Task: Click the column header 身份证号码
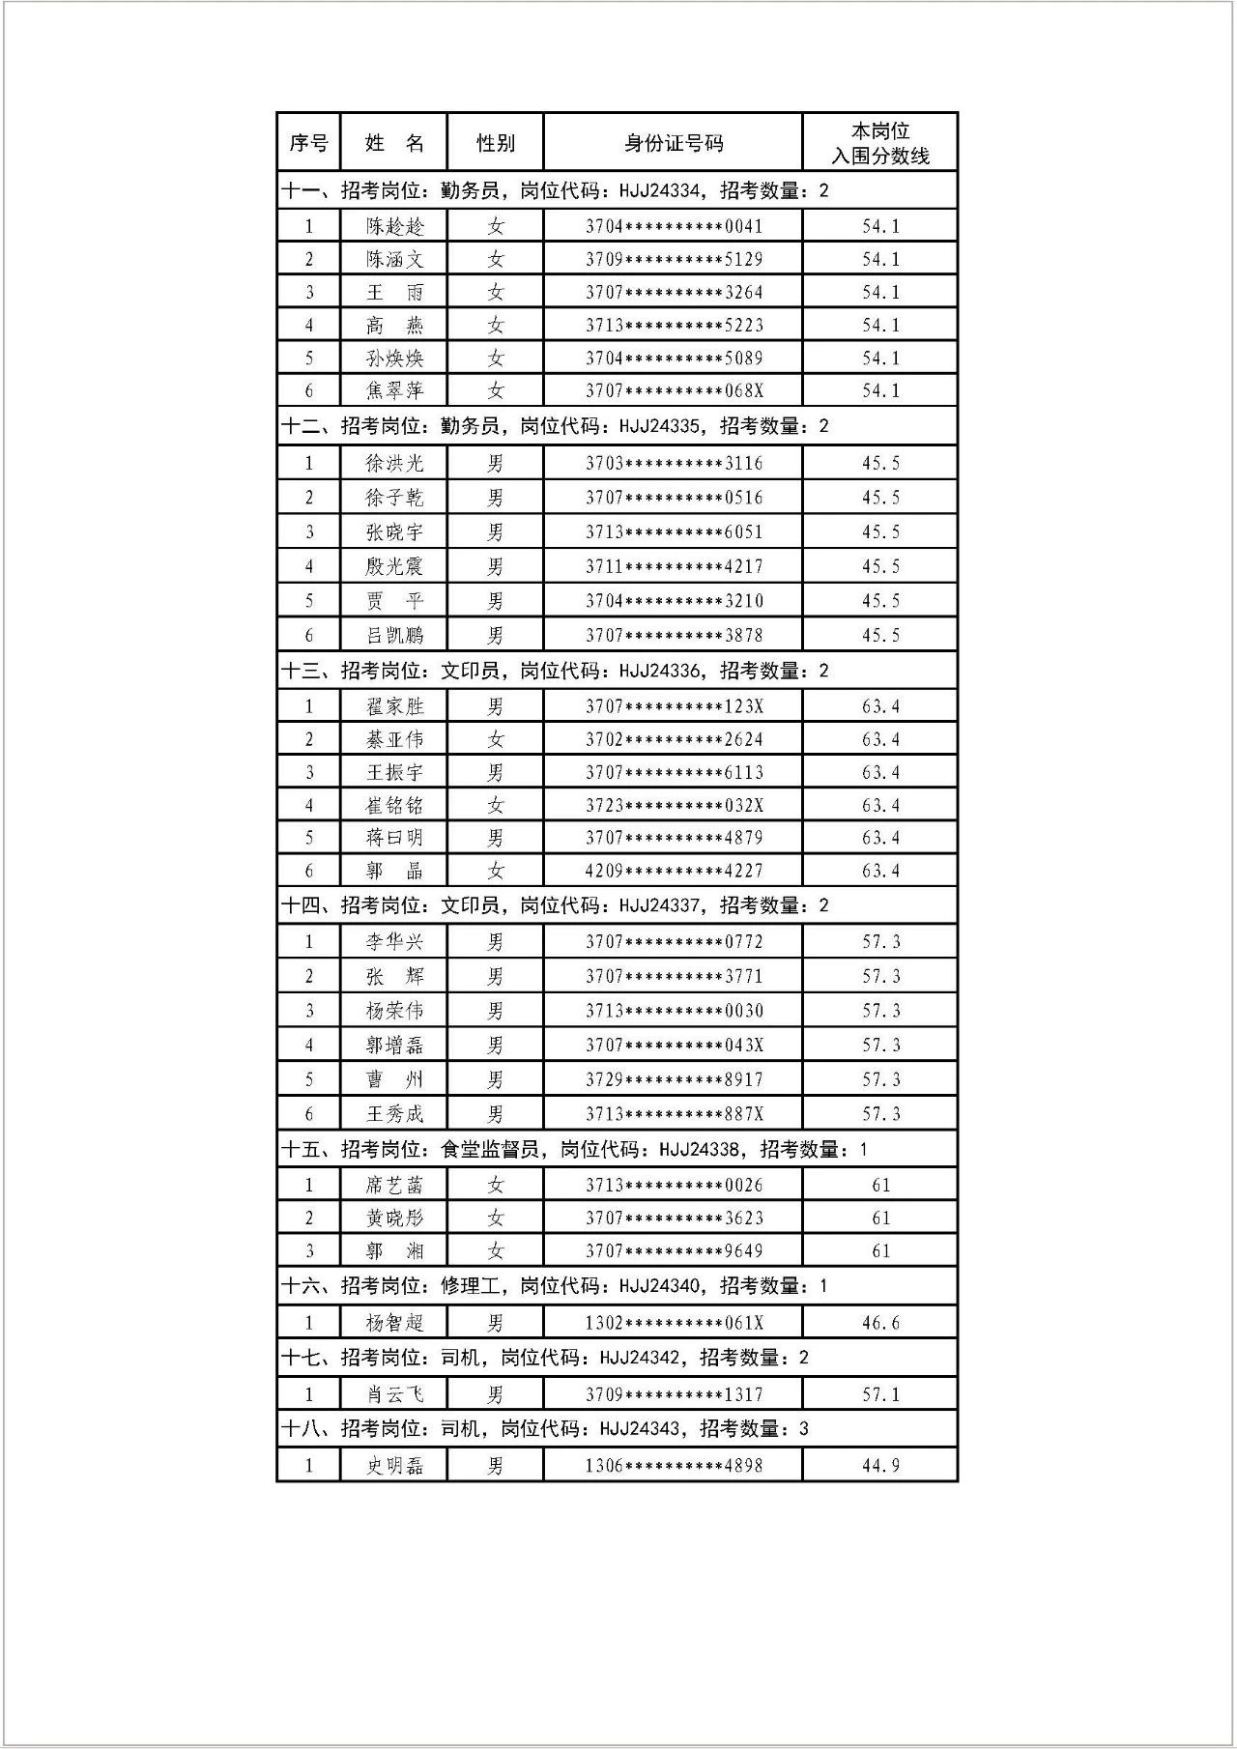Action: tap(673, 143)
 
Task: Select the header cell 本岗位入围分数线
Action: tap(879, 143)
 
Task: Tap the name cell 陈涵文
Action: tap(394, 259)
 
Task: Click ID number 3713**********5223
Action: tap(674, 325)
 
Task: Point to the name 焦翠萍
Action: tap(394, 390)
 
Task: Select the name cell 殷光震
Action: tap(394, 566)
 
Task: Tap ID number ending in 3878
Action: tap(674, 635)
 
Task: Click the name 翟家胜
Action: tap(394, 706)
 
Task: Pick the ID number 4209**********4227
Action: tap(674, 871)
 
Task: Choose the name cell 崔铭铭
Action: tap(394, 805)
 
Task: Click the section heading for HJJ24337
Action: tap(555, 905)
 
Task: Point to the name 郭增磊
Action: tap(394, 1045)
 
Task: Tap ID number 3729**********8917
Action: tap(674, 1079)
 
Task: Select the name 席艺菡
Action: tap(394, 1185)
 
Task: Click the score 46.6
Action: tap(880, 1323)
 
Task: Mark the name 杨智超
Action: tap(394, 1323)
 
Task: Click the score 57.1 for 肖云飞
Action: tap(880, 1394)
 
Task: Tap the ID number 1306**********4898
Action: tap(674, 1466)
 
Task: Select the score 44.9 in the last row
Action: tap(880, 1466)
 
